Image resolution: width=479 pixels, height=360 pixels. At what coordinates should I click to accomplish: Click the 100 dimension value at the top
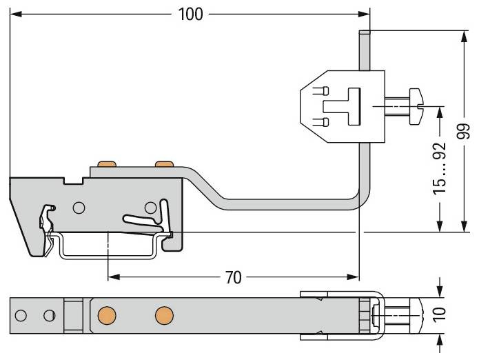tap(190, 14)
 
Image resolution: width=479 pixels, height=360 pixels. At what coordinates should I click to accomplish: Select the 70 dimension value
tap(234, 277)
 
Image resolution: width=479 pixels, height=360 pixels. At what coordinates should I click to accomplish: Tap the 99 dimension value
tap(463, 131)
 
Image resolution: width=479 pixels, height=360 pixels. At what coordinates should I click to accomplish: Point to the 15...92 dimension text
tap(440, 168)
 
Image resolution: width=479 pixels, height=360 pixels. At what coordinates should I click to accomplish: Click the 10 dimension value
tap(440, 314)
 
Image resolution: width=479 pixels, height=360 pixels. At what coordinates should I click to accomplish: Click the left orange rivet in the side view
tap(107, 164)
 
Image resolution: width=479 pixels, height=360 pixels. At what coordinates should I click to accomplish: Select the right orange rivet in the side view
tap(164, 164)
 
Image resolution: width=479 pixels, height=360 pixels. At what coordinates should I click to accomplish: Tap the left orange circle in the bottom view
tap(107, 315)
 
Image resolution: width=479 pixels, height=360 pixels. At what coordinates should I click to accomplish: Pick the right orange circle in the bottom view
tap(164, 315)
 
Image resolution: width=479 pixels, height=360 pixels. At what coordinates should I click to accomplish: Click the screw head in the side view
tap(416, 106)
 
